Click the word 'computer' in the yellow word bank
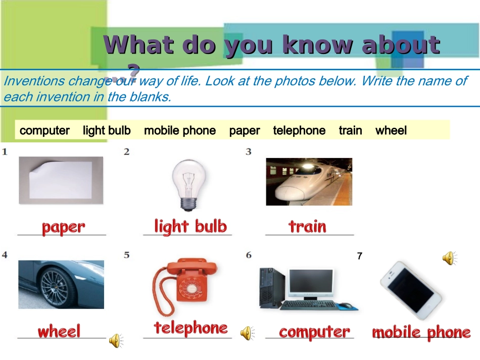pos(44,131)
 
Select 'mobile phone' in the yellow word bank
pos(180,131)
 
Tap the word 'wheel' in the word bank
pos(391,131)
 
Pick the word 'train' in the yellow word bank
pos(351,131)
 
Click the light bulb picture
pos(188,185)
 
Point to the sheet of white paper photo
pos(61,180)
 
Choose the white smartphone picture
pos(411,290)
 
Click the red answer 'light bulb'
pos(190,227)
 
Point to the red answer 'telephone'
pos(190,328)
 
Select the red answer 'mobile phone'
pos(421,332)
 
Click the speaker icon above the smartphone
pos(450,258)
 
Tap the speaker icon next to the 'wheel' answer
pos(116,341)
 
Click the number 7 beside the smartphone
pos(360,255)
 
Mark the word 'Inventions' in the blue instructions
pos(34,81)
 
